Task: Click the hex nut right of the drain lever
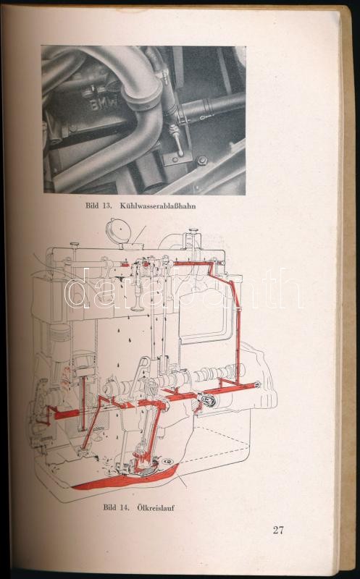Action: coord(202,161)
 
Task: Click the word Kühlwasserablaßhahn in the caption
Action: coord(158,206)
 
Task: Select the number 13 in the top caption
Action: coord(106,206)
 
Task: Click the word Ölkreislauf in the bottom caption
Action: coord(156,508)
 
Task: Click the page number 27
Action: coord(278,531)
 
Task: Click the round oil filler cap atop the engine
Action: coord(118,232)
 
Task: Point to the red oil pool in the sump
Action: coord(125,480)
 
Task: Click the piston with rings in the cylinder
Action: coord(60,333)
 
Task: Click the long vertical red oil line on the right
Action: coord(238,332)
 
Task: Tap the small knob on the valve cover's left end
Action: coord(75,245)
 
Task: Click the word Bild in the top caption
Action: coord(92,206)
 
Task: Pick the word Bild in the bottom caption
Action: coord(110,508)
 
